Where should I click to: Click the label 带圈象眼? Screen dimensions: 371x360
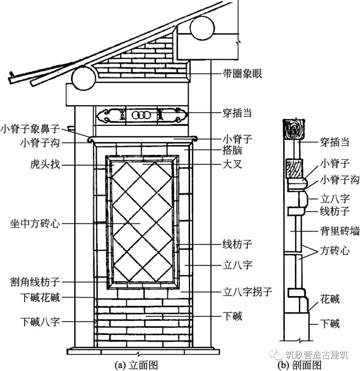(x=242, y=73)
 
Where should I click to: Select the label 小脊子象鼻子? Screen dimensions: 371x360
(x=30, y=128)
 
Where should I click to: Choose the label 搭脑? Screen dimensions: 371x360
(x=232, y=151)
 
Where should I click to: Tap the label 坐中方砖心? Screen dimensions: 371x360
(x=35, y=223)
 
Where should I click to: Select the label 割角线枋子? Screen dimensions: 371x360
(x=35, y=282)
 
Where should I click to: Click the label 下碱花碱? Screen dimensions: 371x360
(x=40, y=297)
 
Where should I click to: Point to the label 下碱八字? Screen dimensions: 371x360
(x=40, y=322)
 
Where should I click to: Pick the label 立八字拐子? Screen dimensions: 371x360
(x=247, y=292)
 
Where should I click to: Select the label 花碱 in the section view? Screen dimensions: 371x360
(x=330, y=299)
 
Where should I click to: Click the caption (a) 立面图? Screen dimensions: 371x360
(x=136, y=365)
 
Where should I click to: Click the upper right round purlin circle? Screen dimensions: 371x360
(x=202, y=28)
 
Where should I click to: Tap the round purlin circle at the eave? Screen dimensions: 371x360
(x=84, y=79)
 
